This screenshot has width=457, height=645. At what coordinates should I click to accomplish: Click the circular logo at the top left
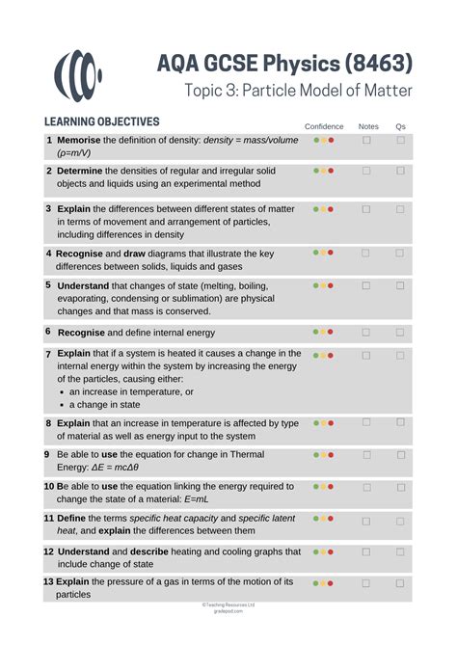78,73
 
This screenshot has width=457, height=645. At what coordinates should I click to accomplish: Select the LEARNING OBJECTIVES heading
101,122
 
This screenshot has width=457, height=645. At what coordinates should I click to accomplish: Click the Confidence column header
324,126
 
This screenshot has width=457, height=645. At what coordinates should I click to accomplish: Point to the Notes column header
368,126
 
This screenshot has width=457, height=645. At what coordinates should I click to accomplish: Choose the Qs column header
401,126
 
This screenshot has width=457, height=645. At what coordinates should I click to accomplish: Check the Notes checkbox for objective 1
366,141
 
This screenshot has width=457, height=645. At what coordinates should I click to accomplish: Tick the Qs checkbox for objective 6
401,332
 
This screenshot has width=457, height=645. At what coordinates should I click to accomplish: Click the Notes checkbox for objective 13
366,582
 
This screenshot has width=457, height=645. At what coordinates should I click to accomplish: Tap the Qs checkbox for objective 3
401,207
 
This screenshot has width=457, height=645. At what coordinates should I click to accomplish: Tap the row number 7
48,354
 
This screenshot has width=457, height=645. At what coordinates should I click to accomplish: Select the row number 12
48,551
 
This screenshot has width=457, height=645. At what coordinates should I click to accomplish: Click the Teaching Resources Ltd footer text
228,605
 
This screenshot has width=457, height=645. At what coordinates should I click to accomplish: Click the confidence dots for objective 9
324,454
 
